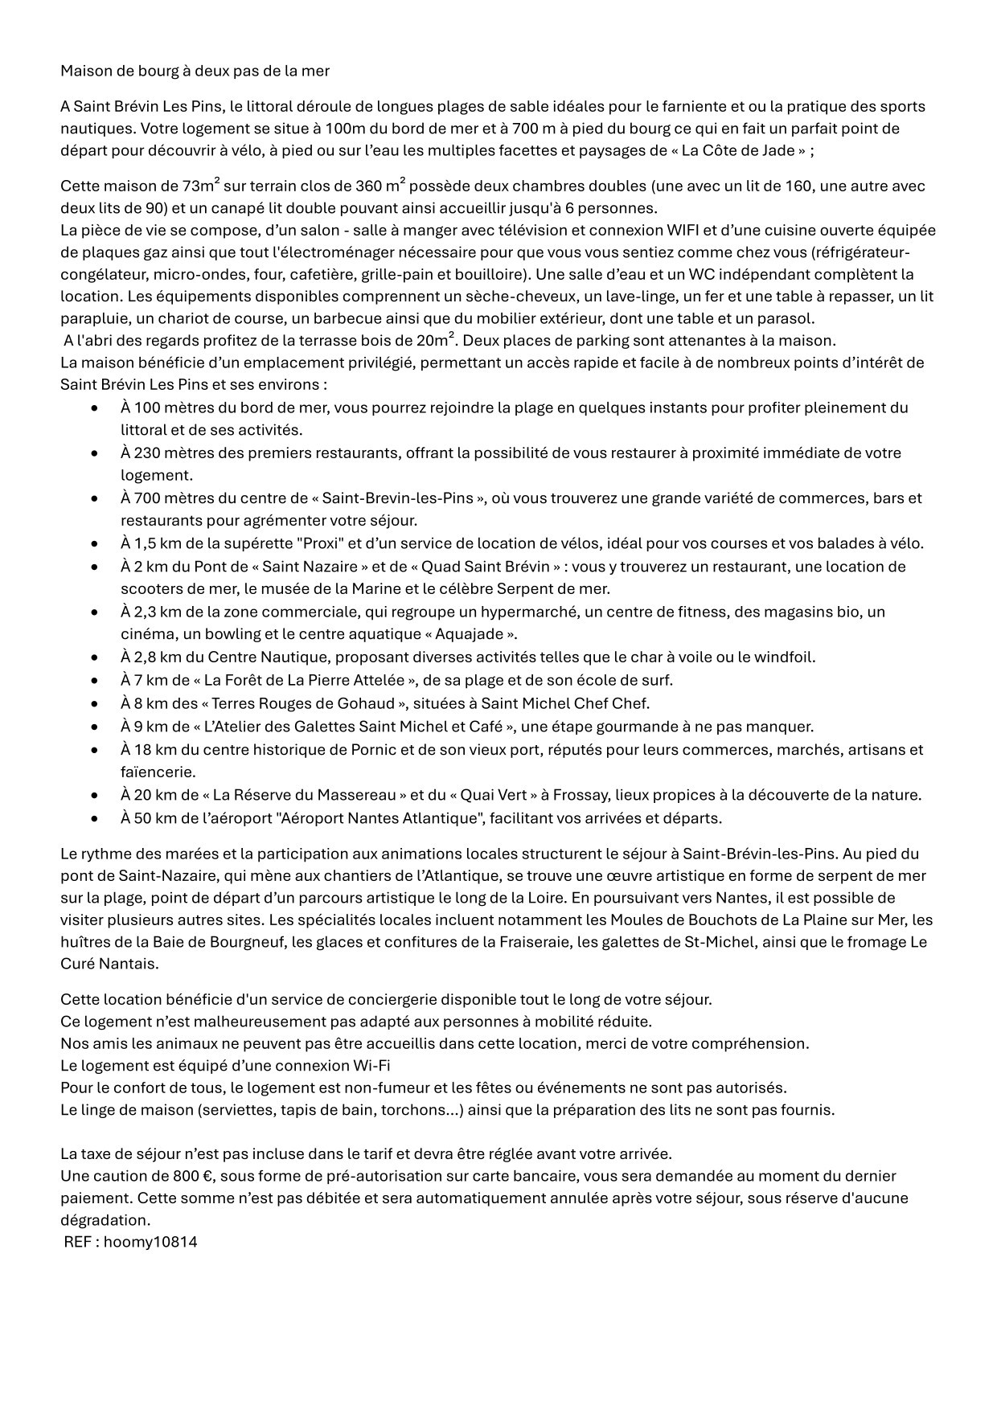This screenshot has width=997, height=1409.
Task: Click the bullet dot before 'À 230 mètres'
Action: pos(96,453)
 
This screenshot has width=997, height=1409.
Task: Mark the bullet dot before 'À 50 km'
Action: pos(96,819)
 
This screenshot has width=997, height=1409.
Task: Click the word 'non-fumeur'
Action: pos(381,1087)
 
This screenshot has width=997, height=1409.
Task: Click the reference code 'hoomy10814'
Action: pos(150,1242)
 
